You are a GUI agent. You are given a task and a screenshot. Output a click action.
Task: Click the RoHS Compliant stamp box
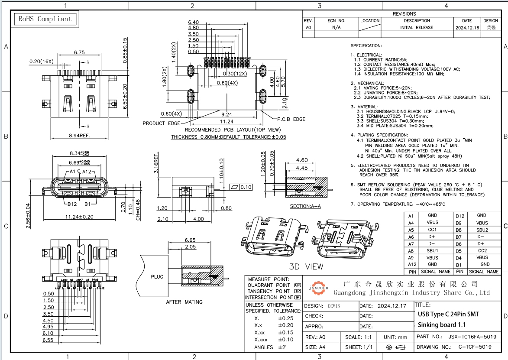[44, 19]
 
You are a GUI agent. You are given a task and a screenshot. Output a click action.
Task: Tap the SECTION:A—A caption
[305, 206]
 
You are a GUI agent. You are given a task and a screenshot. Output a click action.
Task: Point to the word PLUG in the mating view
[157, 276]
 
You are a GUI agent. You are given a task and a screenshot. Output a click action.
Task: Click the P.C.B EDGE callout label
[291, 119]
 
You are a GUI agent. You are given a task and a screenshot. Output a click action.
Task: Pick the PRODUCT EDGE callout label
[162, 123]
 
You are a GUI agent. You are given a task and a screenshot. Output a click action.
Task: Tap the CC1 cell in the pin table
[432, 230]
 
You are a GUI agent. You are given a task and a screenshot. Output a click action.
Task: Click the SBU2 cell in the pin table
[482, 230]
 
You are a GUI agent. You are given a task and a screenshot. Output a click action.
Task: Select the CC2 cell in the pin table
[482, 250]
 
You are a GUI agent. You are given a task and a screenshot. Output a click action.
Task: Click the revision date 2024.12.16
[467, 27]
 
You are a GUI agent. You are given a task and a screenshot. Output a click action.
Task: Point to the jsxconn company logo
[318, 288]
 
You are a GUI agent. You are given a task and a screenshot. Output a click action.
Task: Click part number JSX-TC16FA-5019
[472, 337]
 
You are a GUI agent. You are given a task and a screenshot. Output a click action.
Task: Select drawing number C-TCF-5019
[475, 347]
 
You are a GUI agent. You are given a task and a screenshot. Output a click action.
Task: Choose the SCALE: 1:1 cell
[359, 337]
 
